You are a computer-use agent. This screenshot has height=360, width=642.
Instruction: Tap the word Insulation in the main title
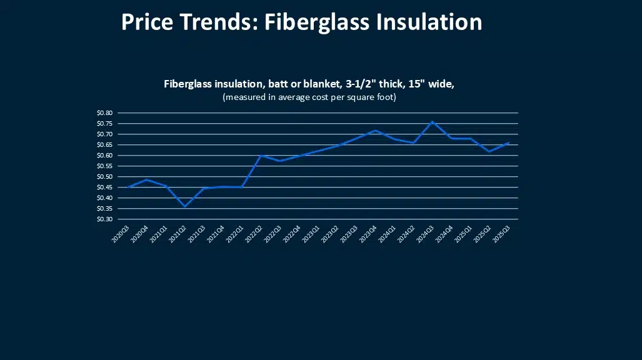428,22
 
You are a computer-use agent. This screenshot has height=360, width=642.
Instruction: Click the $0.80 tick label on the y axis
105,113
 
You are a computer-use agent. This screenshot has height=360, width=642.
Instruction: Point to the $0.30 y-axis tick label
105,219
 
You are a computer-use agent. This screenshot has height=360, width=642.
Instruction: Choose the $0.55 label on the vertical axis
105,166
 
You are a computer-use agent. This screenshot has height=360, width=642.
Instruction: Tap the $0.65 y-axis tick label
105,145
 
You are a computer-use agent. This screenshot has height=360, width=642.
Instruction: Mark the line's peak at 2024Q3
433,122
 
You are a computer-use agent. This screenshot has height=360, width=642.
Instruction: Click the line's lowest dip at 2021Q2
184,206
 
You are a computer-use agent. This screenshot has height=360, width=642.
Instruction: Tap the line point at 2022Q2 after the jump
261,156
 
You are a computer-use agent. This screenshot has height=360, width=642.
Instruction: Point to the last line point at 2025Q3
509,142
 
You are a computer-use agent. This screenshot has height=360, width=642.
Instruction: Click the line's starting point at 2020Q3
128,187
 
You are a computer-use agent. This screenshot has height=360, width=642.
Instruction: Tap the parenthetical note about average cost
310,97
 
